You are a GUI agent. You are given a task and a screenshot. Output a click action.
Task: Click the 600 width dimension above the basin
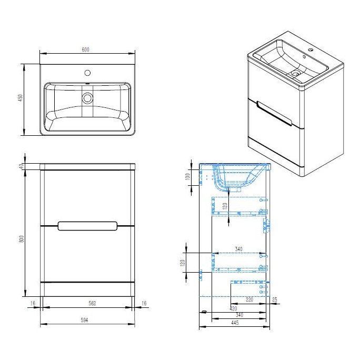pos(86,49)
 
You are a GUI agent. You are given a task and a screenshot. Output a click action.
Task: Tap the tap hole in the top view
pos(87,72)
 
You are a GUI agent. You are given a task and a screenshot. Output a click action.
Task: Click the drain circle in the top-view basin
pos(87,97)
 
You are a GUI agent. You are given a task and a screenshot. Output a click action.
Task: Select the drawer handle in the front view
pos(87,226)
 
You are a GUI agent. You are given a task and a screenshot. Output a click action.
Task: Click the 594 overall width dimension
pos(87,319)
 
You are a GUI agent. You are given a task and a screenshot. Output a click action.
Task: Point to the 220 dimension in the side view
pos(249,300)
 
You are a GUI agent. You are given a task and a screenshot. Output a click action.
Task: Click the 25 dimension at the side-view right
pos(274,300)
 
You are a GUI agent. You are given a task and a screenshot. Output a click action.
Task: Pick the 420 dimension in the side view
pos(233,308)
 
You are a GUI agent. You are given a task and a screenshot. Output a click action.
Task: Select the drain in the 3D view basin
pos(295,74)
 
